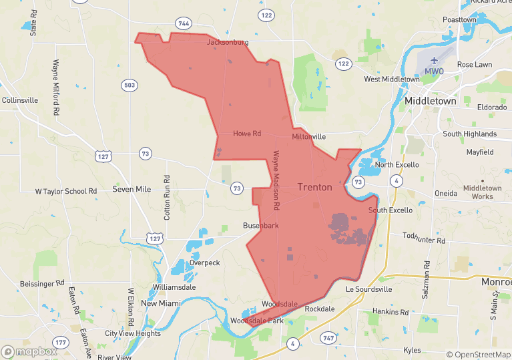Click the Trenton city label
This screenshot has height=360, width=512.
[314, 187]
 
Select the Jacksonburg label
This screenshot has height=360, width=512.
[228, 42]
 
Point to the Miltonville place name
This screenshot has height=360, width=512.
[308, 136]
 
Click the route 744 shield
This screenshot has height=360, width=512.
[183, 23]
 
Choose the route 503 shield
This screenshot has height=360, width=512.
[130, 85]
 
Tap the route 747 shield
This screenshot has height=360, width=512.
[328, 339]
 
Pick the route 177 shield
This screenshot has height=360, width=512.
[61, 343]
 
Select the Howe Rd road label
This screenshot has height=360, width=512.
[246, 134]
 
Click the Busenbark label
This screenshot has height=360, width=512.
[260, 226]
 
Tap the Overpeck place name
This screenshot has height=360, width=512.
[204, 262]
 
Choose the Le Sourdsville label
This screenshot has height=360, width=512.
[366, 289]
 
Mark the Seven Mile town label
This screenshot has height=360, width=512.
[132, 190]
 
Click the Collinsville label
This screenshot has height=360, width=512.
[20, 100]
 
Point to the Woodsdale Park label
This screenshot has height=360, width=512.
[257, 321]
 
